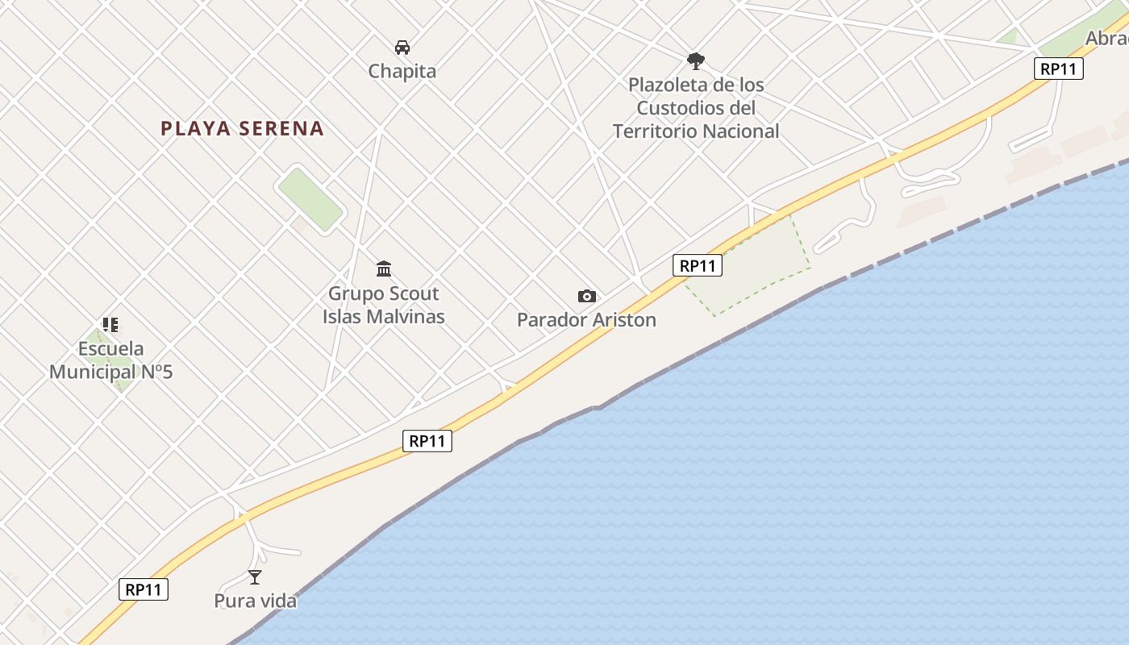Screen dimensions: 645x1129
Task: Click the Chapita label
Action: (x=402, y=71)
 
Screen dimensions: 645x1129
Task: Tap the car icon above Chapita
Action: (x=402, y=48)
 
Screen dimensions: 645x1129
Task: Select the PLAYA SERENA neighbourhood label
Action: (x=242, y=128)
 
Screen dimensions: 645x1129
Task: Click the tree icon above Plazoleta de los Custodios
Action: (x=695, y=60)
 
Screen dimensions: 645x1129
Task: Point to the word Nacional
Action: (x=740, y=131)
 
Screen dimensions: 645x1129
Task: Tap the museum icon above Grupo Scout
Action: (x=384, y=268)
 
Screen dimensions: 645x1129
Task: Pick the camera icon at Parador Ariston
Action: (x=587, y=297)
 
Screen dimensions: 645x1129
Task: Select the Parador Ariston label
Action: (x=586, y=320)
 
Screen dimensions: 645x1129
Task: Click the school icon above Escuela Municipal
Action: (x=110, y=325)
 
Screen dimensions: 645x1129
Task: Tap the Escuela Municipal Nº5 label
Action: (x=111, y=360)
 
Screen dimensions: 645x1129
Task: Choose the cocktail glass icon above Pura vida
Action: (x=255, y=576)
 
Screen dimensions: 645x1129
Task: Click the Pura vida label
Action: (x=255, y=601)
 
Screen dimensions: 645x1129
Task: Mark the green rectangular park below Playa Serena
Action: (x=310, y=199)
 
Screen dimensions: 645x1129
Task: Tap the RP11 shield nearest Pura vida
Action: (x=144, y=589)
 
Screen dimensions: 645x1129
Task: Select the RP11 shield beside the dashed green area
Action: (x=698, y=265)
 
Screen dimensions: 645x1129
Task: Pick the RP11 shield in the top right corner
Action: (x=1058, y=69)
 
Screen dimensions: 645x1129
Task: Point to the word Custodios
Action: (x=682, y=107)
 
